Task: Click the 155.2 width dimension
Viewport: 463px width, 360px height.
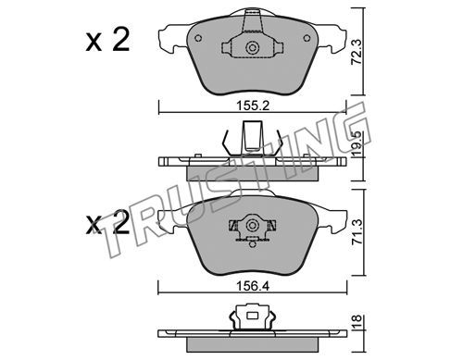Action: coord(253,106)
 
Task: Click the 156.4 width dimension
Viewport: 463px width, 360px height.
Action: coord(253,286)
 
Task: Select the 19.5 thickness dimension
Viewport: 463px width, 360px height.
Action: coord(357,144)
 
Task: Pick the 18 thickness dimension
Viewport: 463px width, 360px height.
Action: coord(357,322)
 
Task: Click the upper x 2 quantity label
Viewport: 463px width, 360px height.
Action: coord(107,40)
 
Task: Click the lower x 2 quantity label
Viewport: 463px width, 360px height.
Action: coord(107,223)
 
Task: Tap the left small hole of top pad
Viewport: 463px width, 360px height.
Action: coord(198,38)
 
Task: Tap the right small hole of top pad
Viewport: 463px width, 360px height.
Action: coord(307,38)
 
